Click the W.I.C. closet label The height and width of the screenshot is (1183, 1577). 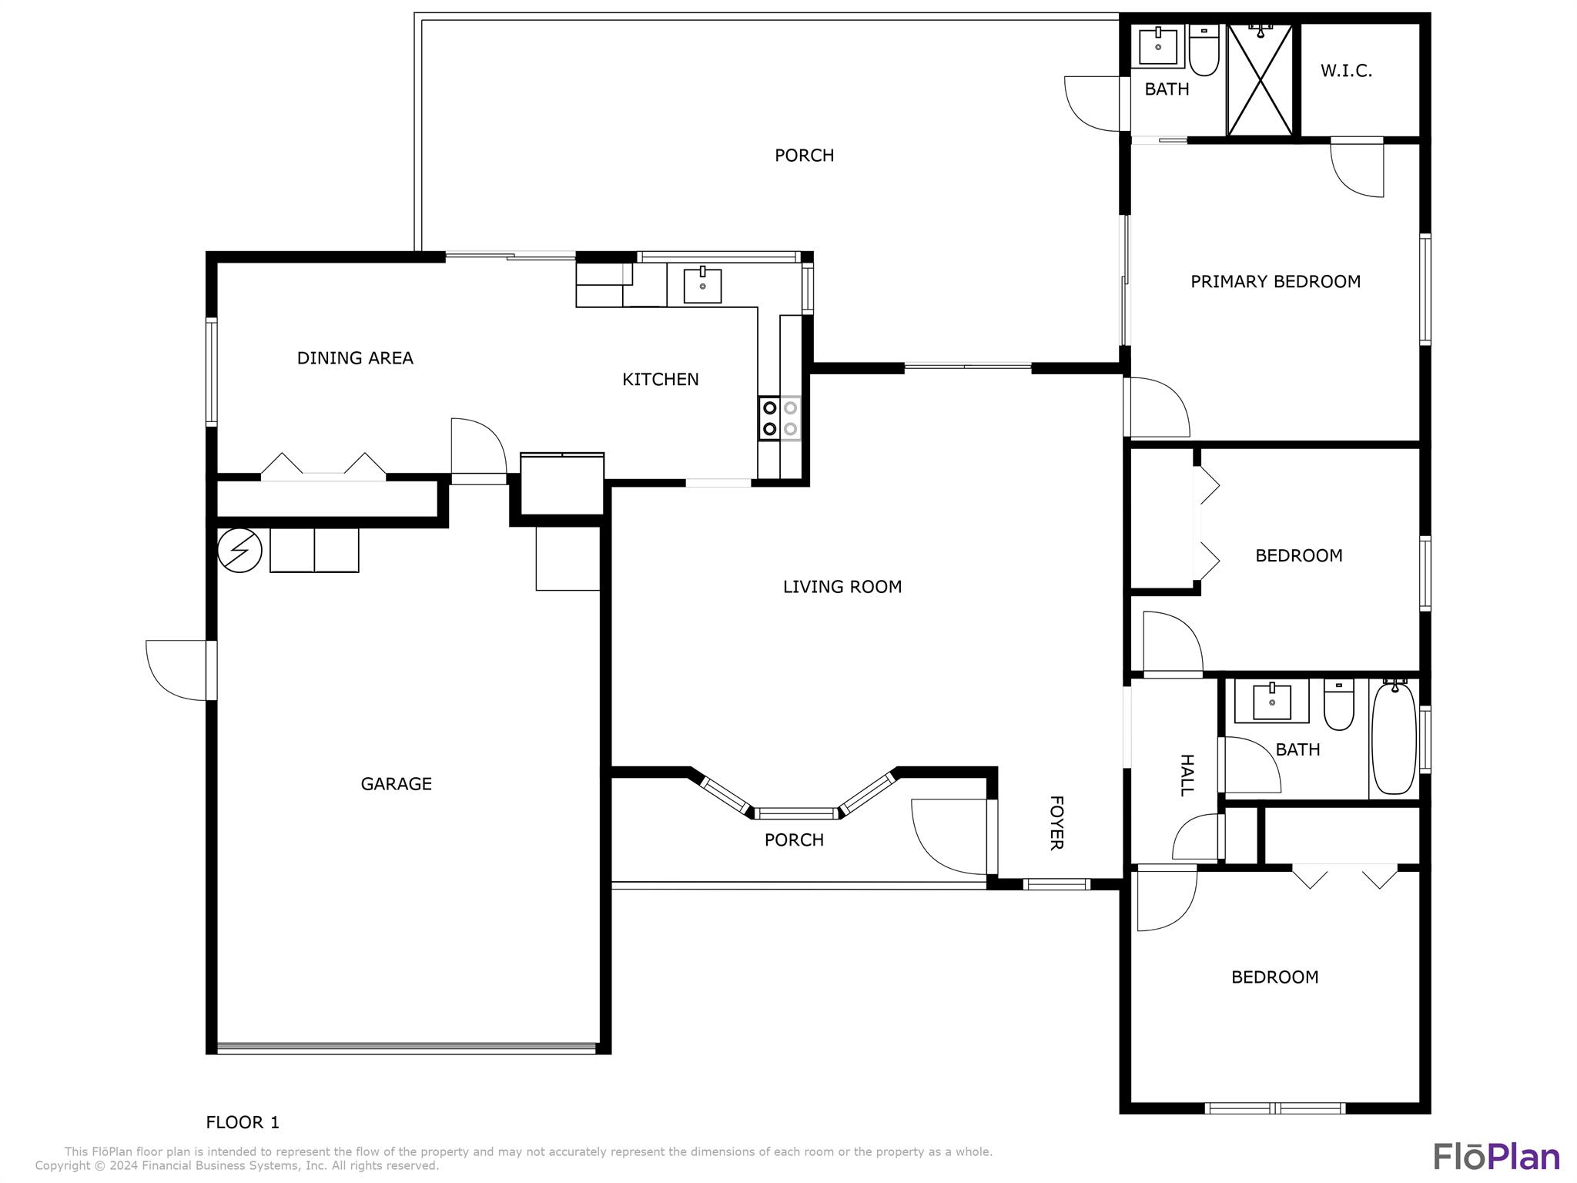[1346, 71]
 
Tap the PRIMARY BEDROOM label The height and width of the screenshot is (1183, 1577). [1275, 282]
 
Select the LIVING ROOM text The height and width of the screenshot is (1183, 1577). [842, 587]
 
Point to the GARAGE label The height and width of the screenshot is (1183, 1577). [396, 784]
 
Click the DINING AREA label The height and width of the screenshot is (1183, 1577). [355, 358]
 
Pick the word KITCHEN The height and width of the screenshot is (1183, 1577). [661, 379]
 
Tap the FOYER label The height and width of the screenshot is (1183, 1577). [1056, 823]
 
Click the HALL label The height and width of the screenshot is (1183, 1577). [1187, 776]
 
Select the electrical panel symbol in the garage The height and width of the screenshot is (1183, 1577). [239, 550]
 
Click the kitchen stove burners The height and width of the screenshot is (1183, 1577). [779, 418]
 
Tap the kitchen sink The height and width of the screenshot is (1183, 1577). [702, 285]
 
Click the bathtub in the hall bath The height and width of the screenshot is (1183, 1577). [1394, 738]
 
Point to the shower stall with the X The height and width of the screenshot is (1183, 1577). [1260, 80]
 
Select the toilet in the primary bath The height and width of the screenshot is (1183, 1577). [1204, 50]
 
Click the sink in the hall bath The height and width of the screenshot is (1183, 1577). [1271, 701]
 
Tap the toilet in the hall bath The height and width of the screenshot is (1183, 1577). [1339, 705]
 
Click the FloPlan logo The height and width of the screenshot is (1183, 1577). [1496, 1156]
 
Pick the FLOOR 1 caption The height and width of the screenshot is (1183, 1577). [243, 1123]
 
